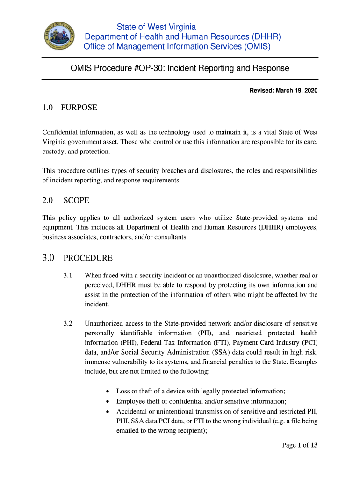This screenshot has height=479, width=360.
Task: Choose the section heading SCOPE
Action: [76, 200]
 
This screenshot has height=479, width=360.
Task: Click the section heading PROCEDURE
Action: [88, 258]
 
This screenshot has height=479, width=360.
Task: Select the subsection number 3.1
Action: [68, 276]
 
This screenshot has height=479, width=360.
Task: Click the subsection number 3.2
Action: [68, 323]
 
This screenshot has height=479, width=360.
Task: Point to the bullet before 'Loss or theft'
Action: [108, 391]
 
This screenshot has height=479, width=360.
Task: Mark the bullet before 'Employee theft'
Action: [108, 401]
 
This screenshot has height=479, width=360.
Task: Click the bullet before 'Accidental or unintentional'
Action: [108, 412]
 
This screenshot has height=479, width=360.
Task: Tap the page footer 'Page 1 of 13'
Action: [300, 445]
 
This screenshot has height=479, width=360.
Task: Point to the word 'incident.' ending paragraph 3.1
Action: [96, 304]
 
